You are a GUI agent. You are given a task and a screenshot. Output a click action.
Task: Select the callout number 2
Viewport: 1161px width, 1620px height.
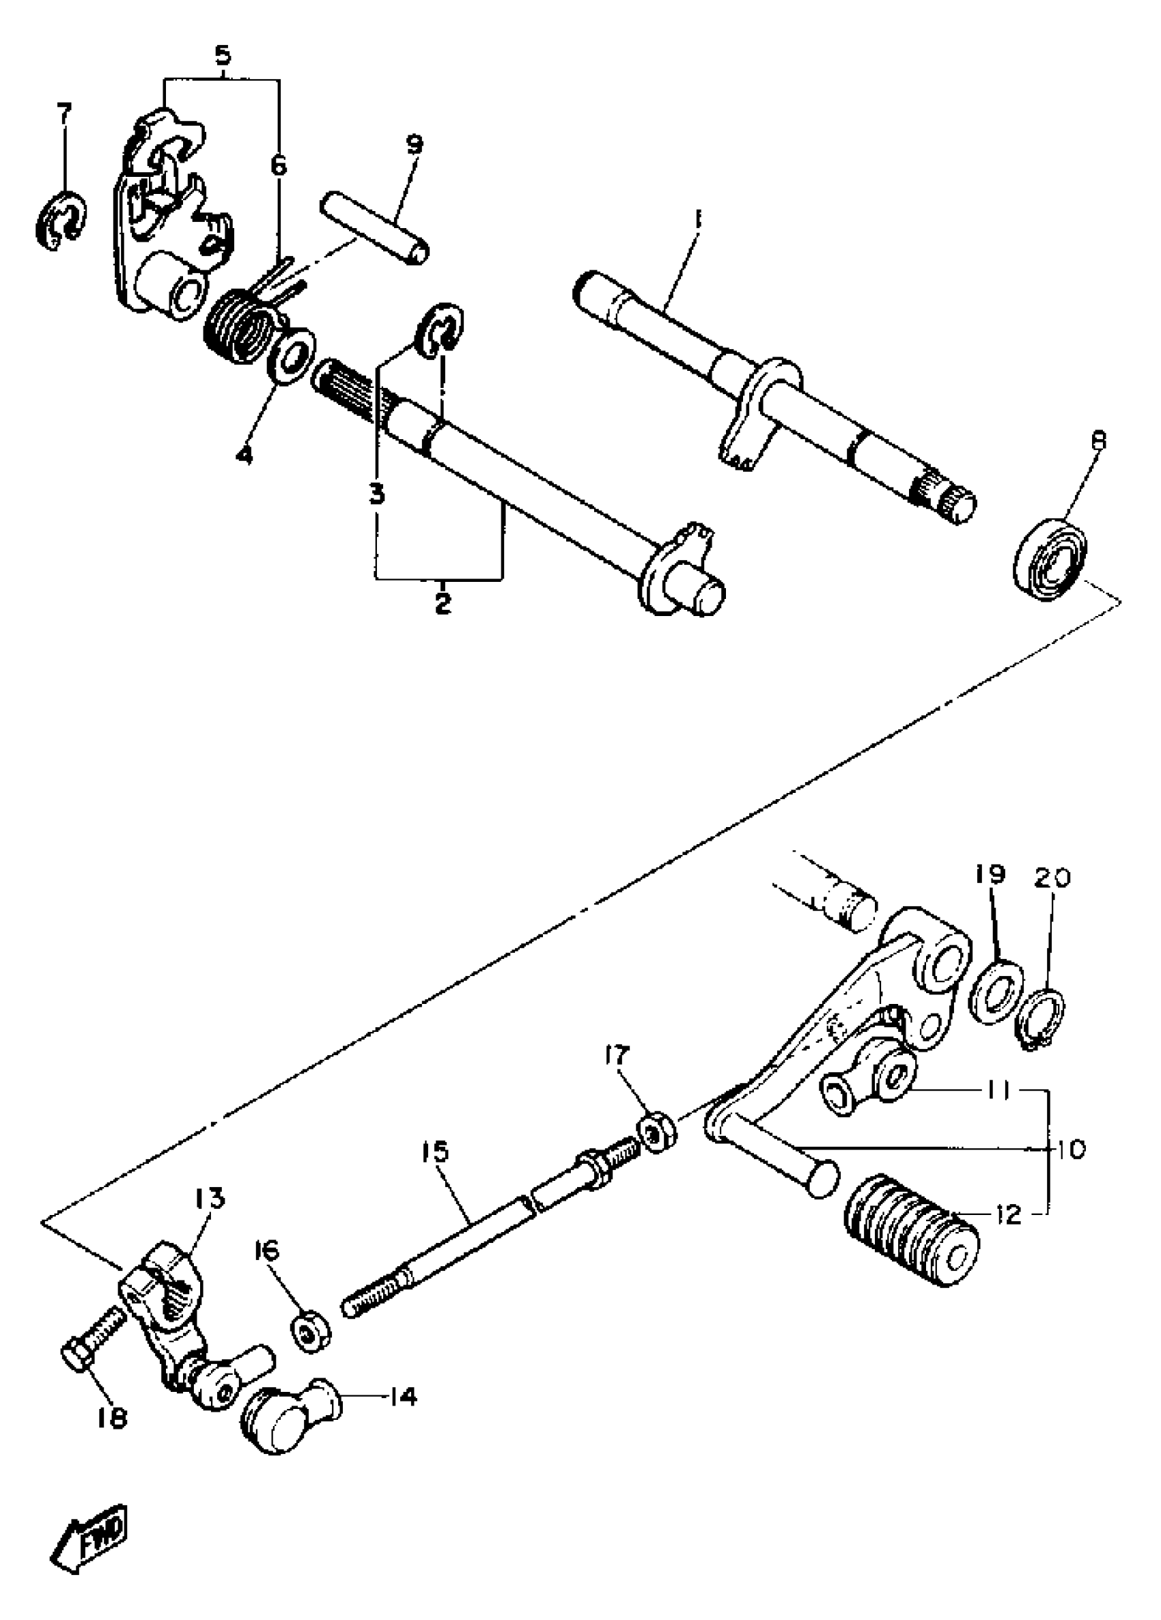tap(443, 602)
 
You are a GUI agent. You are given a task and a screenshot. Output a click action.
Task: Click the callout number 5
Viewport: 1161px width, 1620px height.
tap(223, 56)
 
